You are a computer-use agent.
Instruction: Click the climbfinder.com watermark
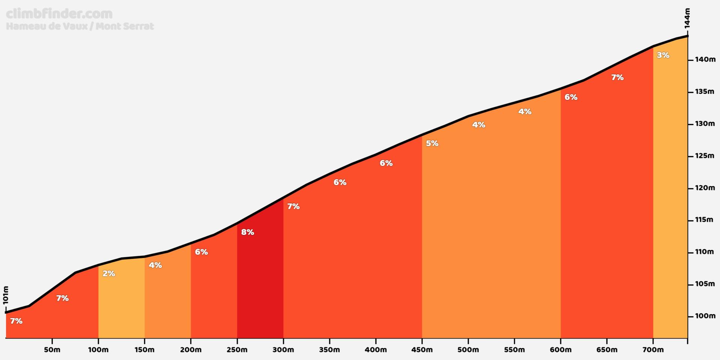tap(59, 14)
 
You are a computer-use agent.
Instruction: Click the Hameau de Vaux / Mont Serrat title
tap(80, 26)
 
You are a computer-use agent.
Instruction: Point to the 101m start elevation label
tap(5, 295)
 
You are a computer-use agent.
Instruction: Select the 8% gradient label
tap(247, 232)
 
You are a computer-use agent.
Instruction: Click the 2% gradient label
tap(109, 274)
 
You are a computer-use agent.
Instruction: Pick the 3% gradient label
tap(663, 55)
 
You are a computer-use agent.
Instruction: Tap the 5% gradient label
tap(432, 143)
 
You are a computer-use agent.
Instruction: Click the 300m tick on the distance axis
tap(283, 340)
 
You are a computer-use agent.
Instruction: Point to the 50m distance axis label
tap(52, 350)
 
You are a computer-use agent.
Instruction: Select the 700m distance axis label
tap(653, 350)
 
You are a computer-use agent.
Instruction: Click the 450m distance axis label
tap(422, 350)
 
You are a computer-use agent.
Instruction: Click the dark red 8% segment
tap(260, 281)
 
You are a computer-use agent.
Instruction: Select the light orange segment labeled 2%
tap(121, 300)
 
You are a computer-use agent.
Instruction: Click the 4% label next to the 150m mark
tap(155, 265)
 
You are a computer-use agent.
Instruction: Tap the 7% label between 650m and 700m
tap(617, 78)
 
